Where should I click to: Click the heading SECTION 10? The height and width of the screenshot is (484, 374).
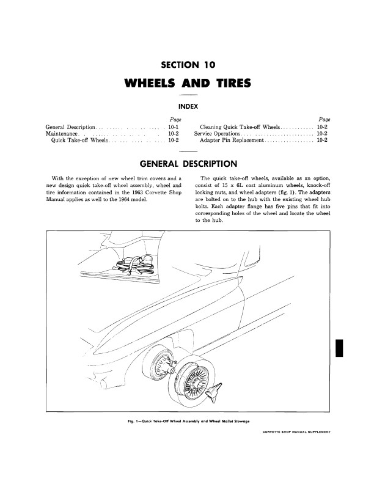click(187, 64)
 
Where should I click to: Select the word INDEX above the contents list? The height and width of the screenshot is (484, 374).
click(187, 106)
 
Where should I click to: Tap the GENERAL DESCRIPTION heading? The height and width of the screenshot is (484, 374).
click(187, 164)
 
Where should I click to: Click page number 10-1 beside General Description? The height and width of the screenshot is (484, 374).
click(172, 126)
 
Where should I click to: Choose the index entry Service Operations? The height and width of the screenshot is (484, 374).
click(217, 133)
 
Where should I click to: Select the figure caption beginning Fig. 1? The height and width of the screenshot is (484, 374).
click(187, 422)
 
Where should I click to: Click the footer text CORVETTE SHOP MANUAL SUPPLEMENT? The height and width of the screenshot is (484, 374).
click(295, 431)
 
